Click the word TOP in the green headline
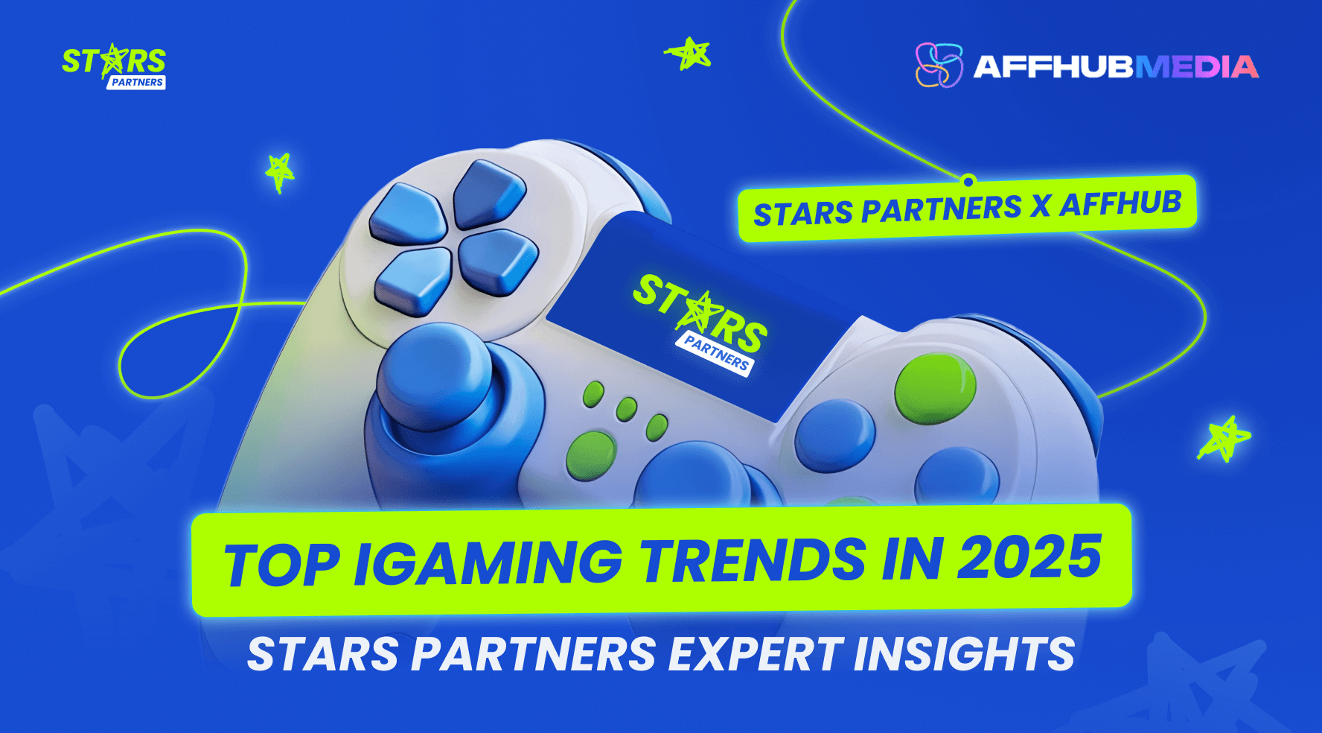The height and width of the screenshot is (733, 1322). pos(282,564)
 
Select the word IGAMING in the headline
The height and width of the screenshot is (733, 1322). pos(488,562)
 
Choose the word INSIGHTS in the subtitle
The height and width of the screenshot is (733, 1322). pos(965,653)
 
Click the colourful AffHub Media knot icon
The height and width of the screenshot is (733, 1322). pos(938,65)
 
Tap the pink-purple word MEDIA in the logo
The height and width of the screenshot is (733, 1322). pos(1196,67)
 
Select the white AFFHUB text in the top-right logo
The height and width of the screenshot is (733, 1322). pos(1053,67)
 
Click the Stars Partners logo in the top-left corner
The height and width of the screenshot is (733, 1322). pos(114,66)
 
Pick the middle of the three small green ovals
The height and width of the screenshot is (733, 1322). pos(627,409)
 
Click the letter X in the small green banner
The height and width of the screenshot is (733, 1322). pos(1041,206)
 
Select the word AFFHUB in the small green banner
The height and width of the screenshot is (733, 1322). pos(1120,203)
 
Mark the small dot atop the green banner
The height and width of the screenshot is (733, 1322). pos(968,180)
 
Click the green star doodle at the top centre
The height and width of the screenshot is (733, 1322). pos(689,54)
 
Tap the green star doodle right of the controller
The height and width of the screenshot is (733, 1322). pos(1224,438)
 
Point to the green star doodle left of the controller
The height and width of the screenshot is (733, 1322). pos(280,171)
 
